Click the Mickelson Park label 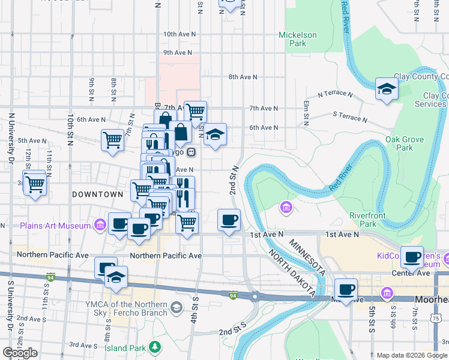[297, 39]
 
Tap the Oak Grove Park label [404, 143]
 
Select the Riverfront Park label [368, 219]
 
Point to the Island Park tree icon [155, 346]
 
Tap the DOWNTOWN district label [97, 194]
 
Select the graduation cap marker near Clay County [387, 90]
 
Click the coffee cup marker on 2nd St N [228, 220]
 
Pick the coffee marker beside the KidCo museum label [412, 257]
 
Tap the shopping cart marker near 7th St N [112, 140]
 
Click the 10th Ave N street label [179, 34]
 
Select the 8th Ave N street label [243, 77]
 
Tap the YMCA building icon [176, 308]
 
